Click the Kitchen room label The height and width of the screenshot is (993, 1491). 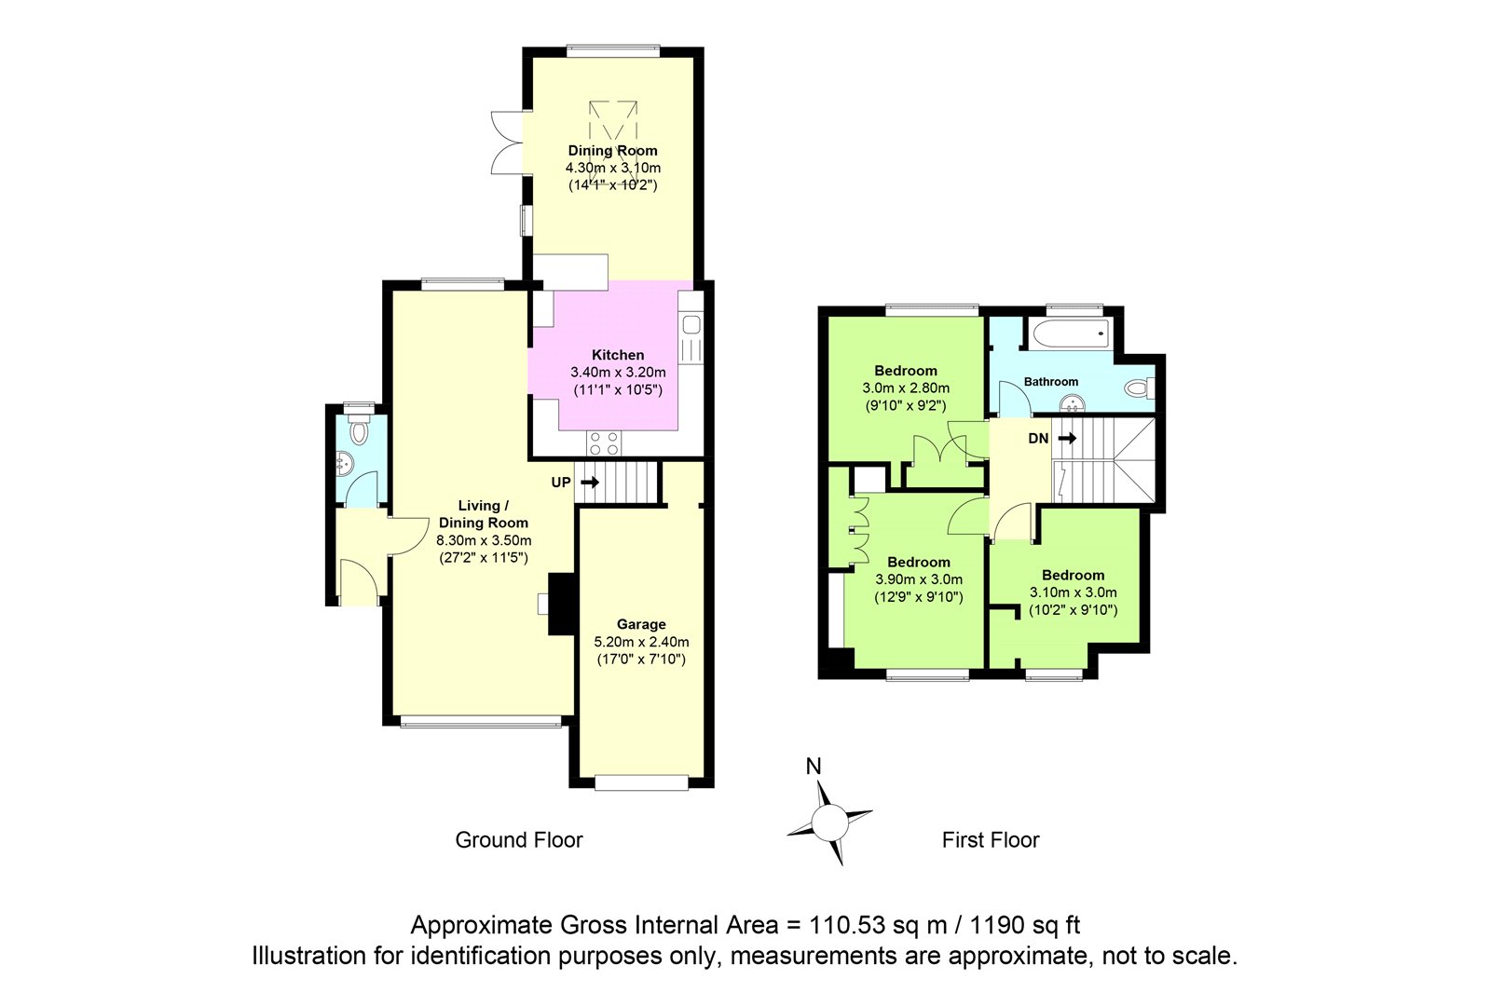(618, 355)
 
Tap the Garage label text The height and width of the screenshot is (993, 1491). (641, 624)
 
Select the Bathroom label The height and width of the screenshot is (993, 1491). (1050, 381)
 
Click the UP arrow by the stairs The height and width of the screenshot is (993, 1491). (590, 482)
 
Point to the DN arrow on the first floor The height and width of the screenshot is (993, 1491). (1067, 439)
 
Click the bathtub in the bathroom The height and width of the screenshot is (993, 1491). (1070, 333)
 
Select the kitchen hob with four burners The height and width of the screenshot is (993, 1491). (604, 443)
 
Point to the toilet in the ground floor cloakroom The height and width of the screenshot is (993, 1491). (358, 430)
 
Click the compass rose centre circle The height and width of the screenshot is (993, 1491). (830, 822)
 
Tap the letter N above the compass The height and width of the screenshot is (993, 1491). (814, 767)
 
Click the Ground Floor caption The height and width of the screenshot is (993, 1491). (518, 840)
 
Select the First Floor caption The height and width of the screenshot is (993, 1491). (991, 840)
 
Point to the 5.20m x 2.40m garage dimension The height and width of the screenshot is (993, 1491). (641, 642)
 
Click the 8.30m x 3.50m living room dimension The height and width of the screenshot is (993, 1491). (484, 540)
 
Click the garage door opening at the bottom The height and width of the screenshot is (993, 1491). (641, 782)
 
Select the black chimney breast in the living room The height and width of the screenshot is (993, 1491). (560, 604)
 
